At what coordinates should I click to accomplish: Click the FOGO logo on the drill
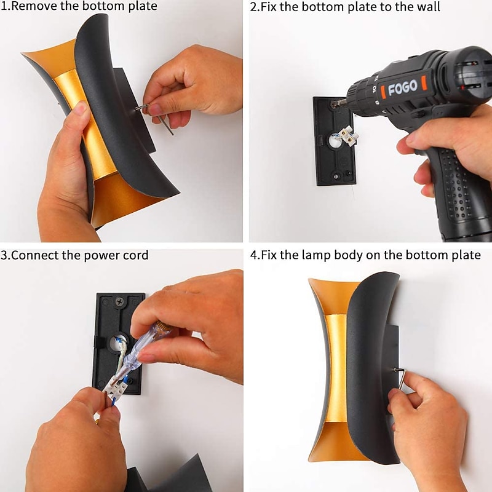pyautogui.click(x=403, y=87)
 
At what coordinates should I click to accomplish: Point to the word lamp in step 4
pyautogui.click(x=316, y=255)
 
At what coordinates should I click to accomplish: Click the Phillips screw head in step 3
pyautogui.click(x=120, y=302)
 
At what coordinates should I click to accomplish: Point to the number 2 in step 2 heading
pyautogui.click(x=253, y=7)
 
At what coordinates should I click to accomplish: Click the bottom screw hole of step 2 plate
pyautogui.click(x=336, y=177)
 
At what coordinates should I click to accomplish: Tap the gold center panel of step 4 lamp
pyautogui.click(x=336, y=368)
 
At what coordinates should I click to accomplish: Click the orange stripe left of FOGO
pyautogui.click(x=383, y=92)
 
